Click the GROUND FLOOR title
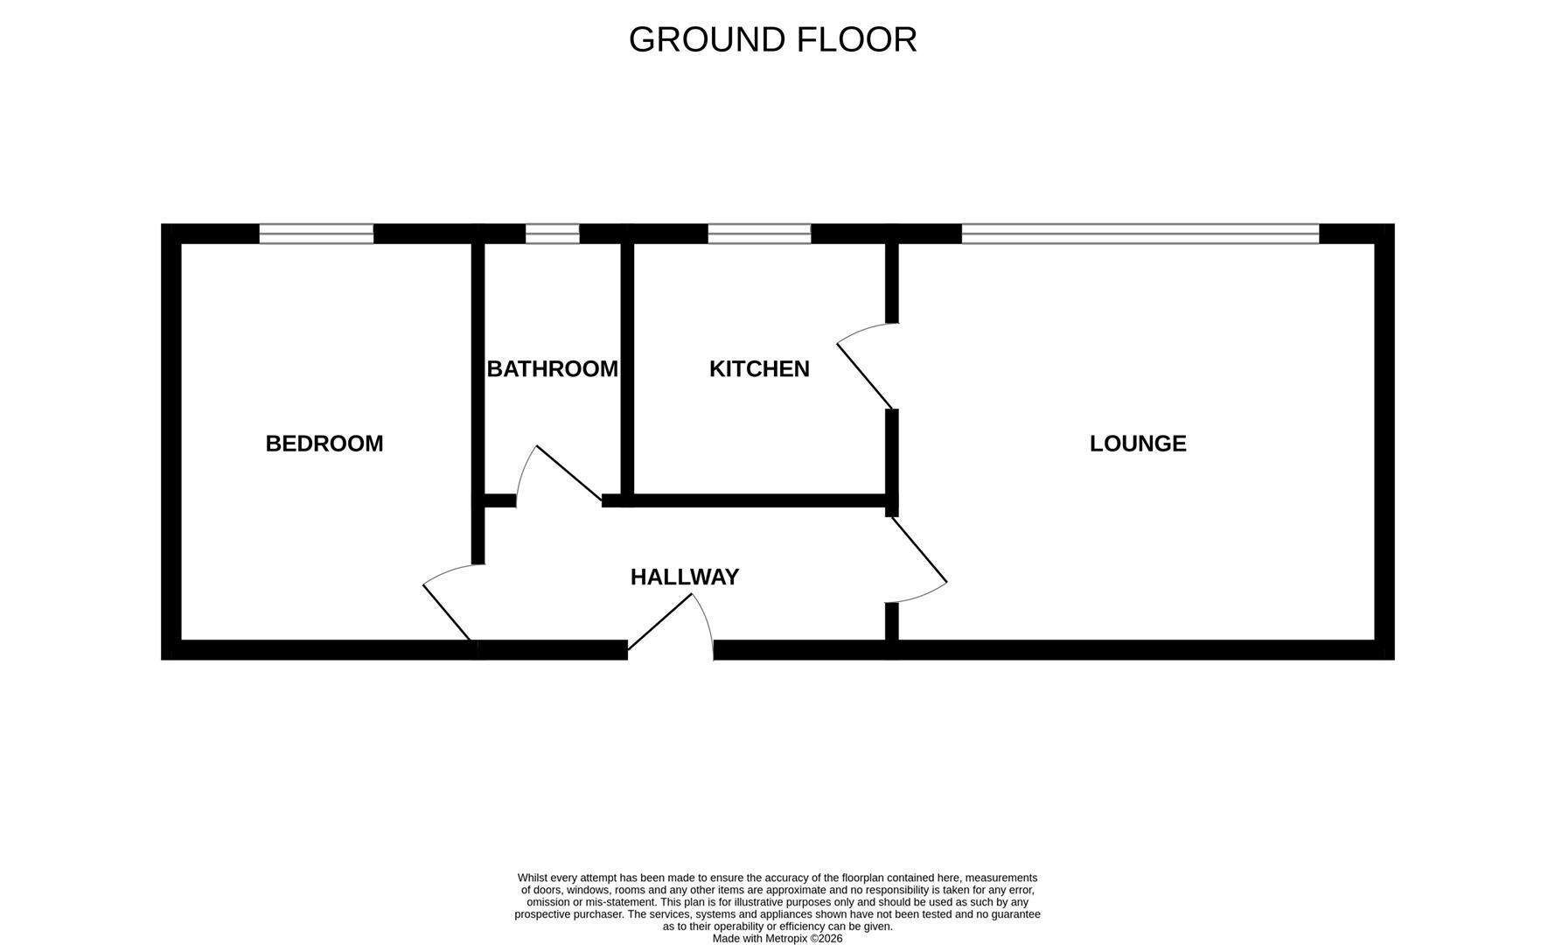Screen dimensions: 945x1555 772,39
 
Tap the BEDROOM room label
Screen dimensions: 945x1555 324,444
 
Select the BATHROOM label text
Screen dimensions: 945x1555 552,369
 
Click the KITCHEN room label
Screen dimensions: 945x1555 759,369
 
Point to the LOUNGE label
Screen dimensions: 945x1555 1138,444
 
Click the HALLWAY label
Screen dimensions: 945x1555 685,577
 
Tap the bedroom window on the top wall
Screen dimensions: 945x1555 317,234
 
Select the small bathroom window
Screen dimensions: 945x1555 552,234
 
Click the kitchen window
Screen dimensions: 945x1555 759,234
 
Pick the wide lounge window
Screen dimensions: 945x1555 1140,234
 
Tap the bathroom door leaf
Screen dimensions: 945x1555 568,472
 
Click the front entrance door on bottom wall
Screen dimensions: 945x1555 660,622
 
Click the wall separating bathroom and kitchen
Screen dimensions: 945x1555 627,367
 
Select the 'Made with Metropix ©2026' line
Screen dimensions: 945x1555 777,938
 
